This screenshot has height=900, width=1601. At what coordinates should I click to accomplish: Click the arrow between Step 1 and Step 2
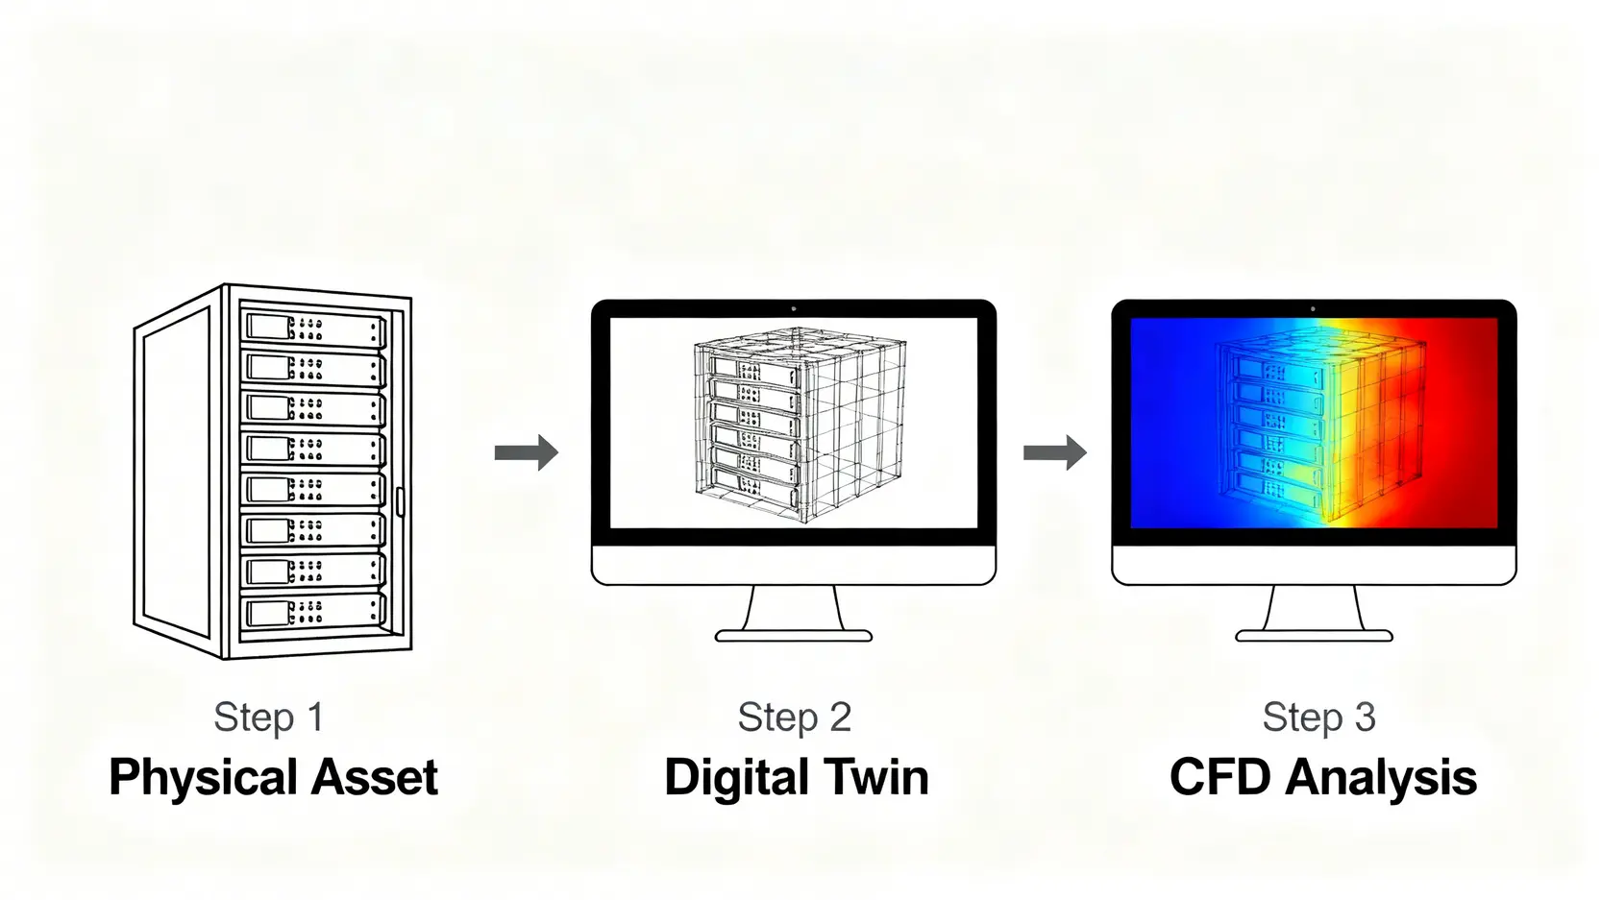coord(526,452)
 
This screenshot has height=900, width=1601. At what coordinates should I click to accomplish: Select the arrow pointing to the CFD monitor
coord(1055,452)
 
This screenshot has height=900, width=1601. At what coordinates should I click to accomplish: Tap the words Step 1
coord(269,718)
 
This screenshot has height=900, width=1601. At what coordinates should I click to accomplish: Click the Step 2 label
coord(794,718)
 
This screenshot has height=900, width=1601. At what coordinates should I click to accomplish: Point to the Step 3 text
coord(1318,718)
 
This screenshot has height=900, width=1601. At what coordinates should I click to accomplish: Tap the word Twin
coord(875,776)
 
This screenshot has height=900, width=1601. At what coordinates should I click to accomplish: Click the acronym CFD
coord(1220,776)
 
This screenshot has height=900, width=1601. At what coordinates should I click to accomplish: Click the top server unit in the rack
coord(314,328)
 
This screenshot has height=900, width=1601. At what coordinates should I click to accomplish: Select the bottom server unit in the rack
coord(314,612)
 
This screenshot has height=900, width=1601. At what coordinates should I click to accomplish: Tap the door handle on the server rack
coord(400,501)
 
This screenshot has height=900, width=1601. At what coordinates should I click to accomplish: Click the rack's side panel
coord(177,473)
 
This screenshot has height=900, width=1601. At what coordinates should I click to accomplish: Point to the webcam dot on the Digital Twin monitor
coord(794,309)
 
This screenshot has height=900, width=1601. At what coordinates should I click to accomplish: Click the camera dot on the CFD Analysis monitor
coord(1313,309)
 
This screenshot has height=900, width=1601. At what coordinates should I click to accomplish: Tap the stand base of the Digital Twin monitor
coord(794,636)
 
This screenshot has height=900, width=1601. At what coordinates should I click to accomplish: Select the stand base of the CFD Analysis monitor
coord(1314,636)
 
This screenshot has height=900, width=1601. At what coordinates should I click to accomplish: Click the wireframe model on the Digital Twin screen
coord(800,425)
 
